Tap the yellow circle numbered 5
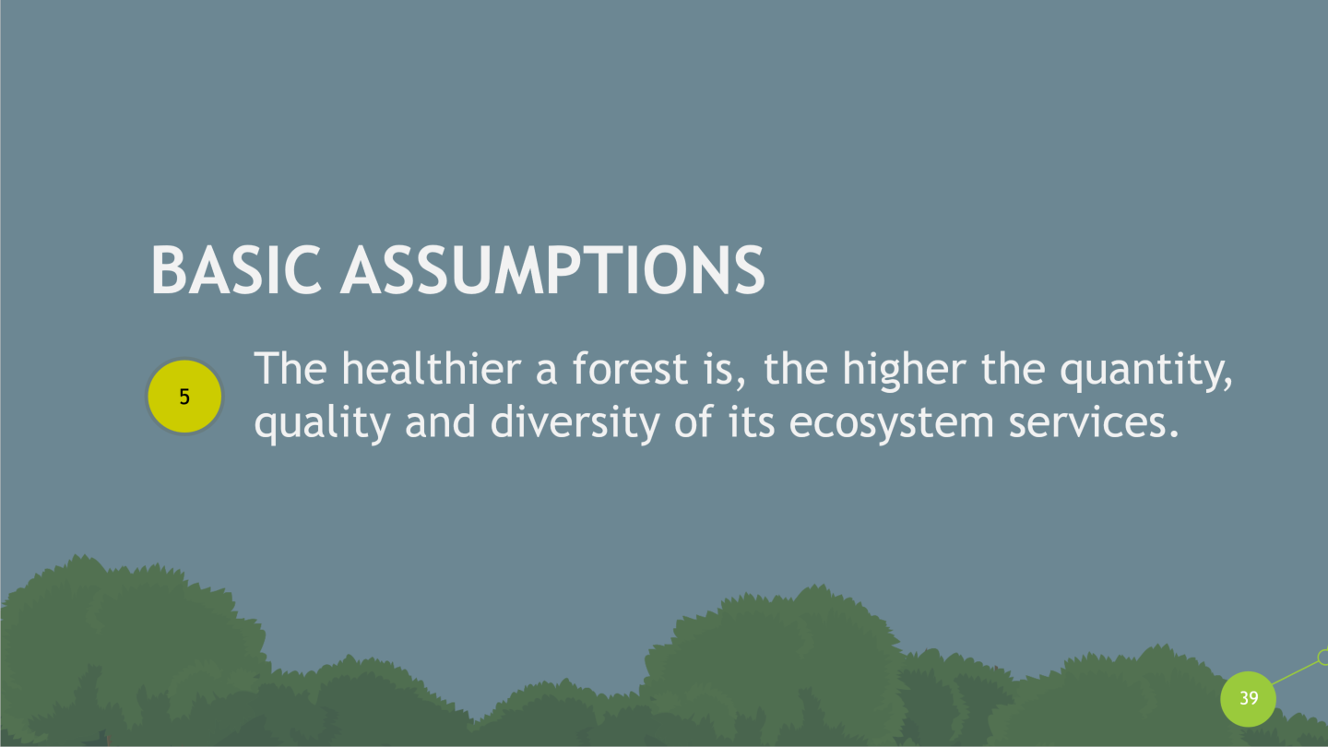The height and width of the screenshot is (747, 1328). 184,396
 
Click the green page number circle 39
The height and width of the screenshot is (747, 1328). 1248,698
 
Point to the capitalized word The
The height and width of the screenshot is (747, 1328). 290,368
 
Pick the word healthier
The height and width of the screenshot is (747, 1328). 432,368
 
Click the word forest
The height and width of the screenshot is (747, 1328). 630,368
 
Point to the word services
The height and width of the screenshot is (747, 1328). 1094,422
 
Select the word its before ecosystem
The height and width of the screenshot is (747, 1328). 752,422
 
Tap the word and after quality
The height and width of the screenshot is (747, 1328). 441,421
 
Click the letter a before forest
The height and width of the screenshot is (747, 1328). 546,371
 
